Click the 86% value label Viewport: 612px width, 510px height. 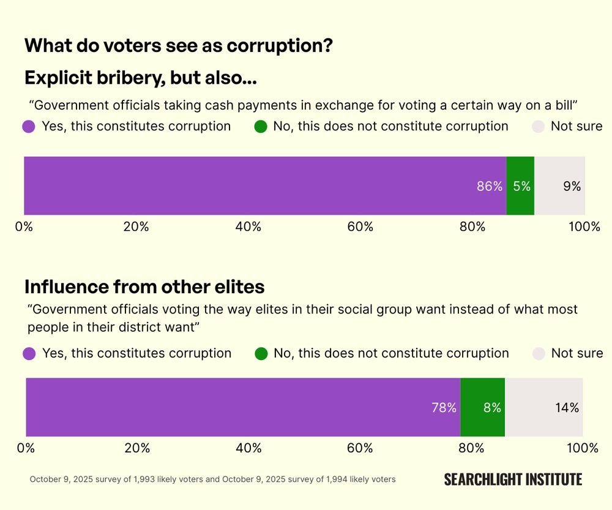(x=489, y=186)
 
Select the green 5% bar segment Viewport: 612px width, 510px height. (x=521, y=186)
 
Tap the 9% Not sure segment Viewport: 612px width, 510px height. (x=559, y=186)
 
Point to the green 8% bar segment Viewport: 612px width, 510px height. (x=483, y=407)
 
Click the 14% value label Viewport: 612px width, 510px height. (x=566, y=407)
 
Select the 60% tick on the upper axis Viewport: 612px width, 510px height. (x=360, y=227)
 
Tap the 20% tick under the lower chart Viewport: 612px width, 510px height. (x=137, y=448)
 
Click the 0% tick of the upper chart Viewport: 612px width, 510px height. (x=24, y=227)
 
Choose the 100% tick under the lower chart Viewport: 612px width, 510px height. (x=583, y=448)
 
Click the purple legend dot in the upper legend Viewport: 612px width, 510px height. (x=29, y=127)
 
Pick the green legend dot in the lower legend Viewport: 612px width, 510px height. (x=261, y=353)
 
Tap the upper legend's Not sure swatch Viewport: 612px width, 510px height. (x=538, y=127)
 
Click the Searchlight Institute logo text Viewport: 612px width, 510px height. (x=513, y=479)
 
